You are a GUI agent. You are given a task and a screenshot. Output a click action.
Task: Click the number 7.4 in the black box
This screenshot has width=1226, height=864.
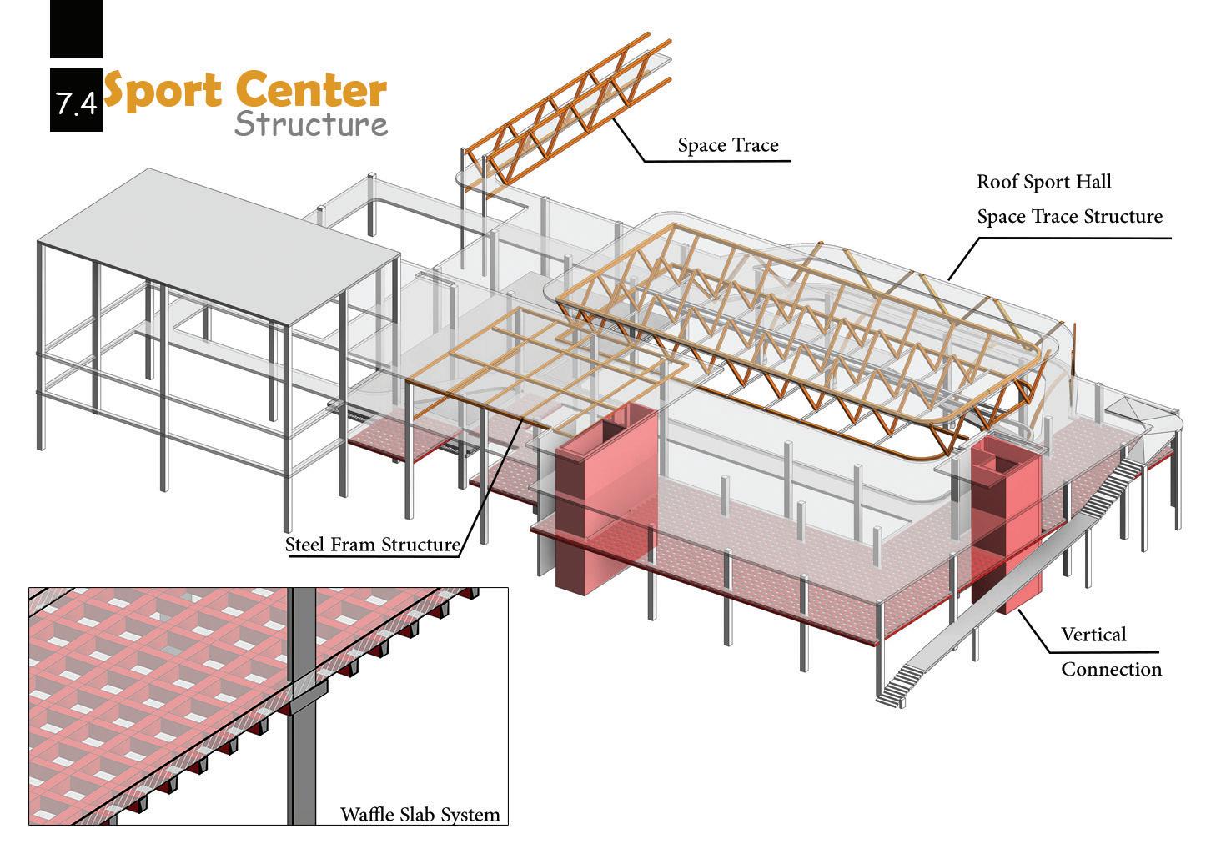coord(76,103)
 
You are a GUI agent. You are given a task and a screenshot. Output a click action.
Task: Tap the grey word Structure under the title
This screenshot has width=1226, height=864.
coord(310,124)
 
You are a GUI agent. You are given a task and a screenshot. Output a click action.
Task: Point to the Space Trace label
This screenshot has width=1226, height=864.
coord(727,145)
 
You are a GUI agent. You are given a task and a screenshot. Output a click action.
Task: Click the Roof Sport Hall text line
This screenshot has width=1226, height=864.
coord(1043,182)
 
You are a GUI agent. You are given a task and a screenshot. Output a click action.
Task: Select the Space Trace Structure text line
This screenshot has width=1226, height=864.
coord(1069,217)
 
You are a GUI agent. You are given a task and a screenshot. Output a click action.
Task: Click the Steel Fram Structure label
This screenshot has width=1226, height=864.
coord(372,545)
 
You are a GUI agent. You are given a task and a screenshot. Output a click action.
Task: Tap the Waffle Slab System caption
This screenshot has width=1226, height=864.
coord(420,814)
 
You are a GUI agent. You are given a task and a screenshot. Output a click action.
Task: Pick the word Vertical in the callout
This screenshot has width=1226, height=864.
coord(1093,635)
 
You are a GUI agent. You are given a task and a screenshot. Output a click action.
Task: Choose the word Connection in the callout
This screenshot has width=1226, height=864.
coord(1111,669)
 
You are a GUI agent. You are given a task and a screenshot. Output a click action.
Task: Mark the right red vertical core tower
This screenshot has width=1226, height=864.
coord(1007,525)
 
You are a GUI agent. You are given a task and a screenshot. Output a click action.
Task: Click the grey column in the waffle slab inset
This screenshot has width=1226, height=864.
coord(302,709)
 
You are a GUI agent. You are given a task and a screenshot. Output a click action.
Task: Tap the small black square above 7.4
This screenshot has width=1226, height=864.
coord(76,28)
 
